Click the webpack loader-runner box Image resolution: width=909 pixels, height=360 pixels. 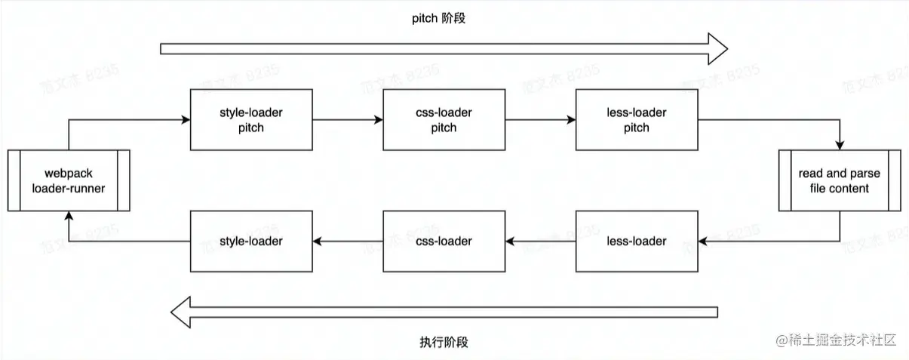coord(69,180)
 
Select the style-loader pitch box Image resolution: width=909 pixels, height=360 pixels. coord(250,120)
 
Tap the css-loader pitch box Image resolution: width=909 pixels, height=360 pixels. coord(444,120)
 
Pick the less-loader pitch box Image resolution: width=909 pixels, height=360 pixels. coord(636,120)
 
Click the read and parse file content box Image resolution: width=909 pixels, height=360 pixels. coord(839,180)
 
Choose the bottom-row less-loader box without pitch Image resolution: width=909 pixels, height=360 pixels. coord(636,242)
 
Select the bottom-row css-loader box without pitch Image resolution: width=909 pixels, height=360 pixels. coord(444,242)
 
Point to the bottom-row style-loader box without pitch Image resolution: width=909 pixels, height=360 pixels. coord(250,242)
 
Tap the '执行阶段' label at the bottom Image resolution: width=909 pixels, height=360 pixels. coord(444,342)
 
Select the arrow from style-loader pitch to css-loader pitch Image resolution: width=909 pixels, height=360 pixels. coord(347,120)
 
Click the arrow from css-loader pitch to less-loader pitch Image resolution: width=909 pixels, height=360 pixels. coord(540,120)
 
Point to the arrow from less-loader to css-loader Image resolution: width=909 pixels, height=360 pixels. coord(540,242)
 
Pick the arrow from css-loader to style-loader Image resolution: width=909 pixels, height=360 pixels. coord(347,242)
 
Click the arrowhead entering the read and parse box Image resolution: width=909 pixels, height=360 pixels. coord(840,144)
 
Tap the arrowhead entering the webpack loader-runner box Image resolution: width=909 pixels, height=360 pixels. coord(69,217)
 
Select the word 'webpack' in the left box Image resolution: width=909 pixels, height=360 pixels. coord(69,174)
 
